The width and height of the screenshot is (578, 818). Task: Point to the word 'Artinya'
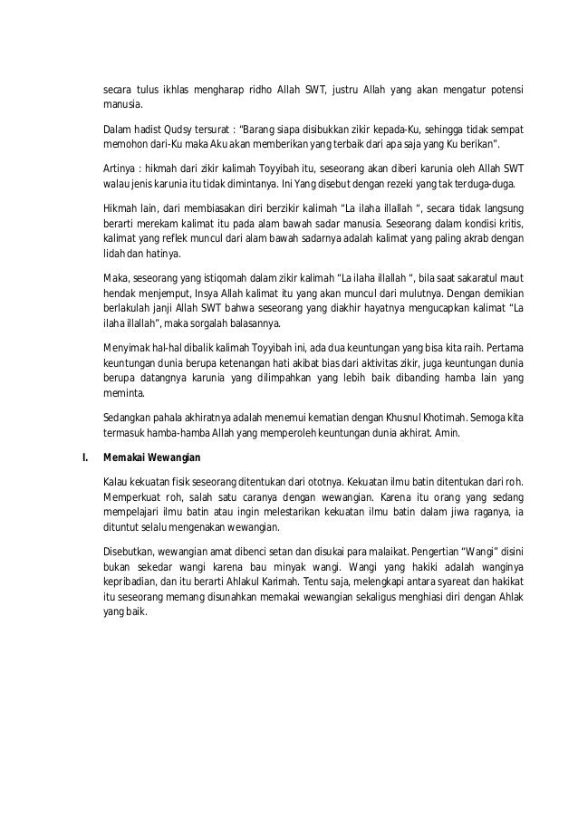121,169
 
